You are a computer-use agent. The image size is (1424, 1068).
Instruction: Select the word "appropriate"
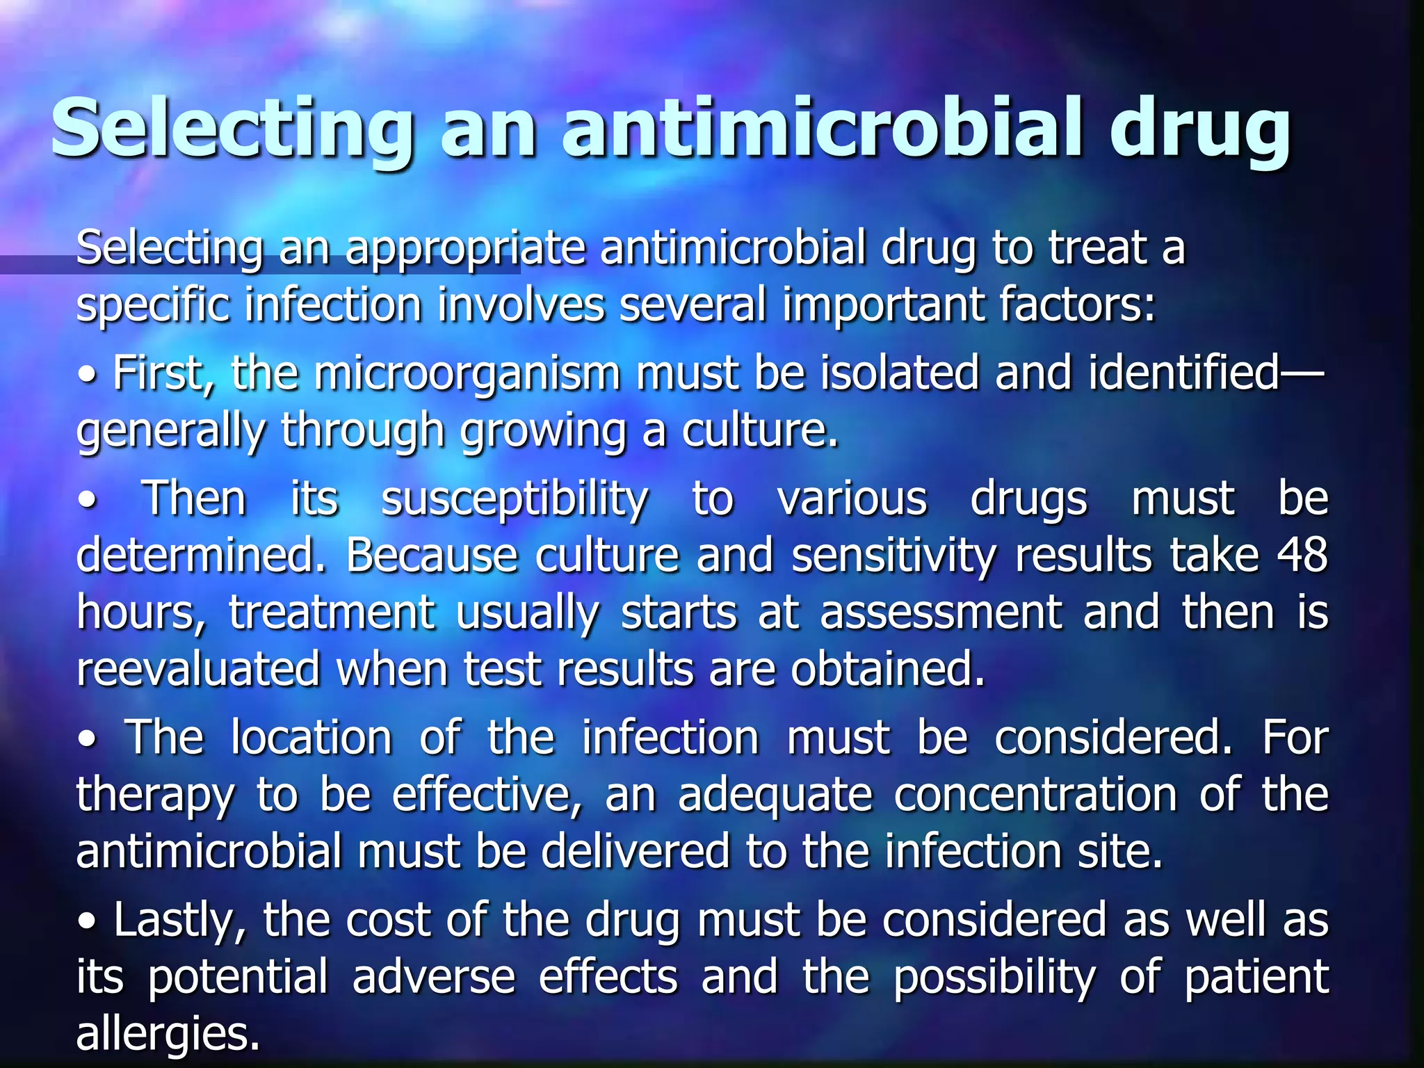tap(466, 249)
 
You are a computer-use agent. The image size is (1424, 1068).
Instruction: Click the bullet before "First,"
tap(88, 376)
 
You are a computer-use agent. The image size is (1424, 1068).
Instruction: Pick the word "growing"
tap(543, 432)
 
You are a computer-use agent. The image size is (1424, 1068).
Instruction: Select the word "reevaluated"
tap(197, 669)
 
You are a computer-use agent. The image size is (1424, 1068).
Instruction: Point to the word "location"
tap(311, 738)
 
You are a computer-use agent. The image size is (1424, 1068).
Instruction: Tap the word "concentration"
tap(1036, 795)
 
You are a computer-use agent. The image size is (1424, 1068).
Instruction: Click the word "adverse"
tap(434, 976)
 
